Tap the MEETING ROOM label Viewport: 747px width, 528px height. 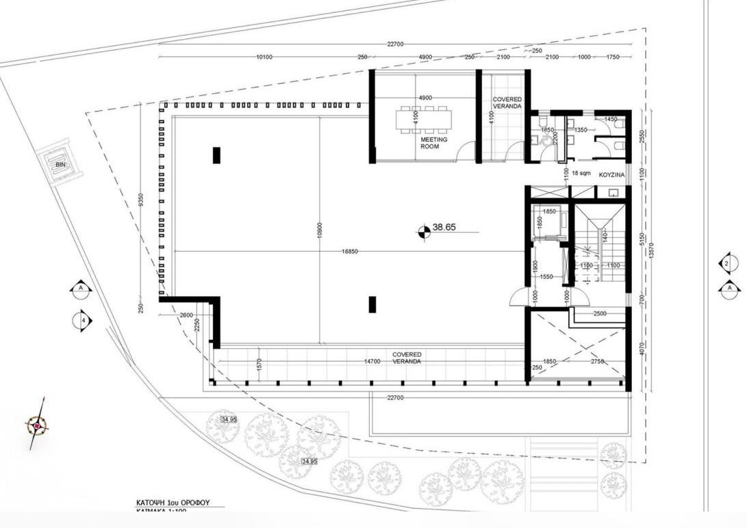tap(434, 143)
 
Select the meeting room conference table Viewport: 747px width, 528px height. tap(425, 119)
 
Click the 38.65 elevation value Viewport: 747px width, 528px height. tap(444, 228)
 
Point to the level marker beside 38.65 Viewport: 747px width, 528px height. tap(424, 233)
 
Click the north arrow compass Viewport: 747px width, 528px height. tap(37, 427)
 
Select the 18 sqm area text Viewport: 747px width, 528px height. tap(581, 174)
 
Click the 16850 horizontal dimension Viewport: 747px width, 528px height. tap(350, 252)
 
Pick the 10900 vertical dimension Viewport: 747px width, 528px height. tap(319, 233)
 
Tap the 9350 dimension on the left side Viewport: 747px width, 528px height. tap(140, 200)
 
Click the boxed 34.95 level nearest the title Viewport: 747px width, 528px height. tap(309, 462)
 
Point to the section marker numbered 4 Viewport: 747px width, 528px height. tap(82, 320)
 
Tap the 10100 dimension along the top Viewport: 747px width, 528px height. tap(264, 57)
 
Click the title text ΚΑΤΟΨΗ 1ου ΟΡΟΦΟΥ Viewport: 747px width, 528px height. tap(173, 503)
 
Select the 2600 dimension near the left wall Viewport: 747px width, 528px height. tap(186, 315)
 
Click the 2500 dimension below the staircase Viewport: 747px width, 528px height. tap(600, 313)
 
